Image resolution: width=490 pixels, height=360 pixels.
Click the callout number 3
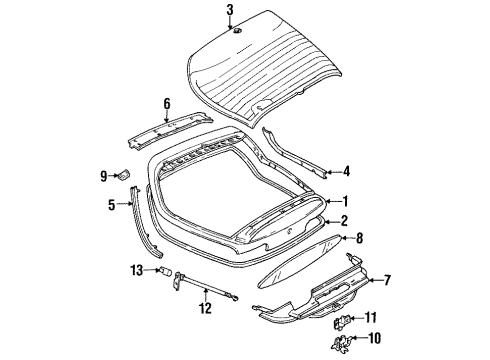[230, 10]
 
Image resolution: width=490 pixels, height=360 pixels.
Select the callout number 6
[167, 104]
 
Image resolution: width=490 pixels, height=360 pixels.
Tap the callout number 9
[104, 176]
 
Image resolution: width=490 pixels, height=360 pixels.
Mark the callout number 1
[345, 201]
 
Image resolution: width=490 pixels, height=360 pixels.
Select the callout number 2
[344, 221]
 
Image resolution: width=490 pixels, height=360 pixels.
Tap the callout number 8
[359, 238]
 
